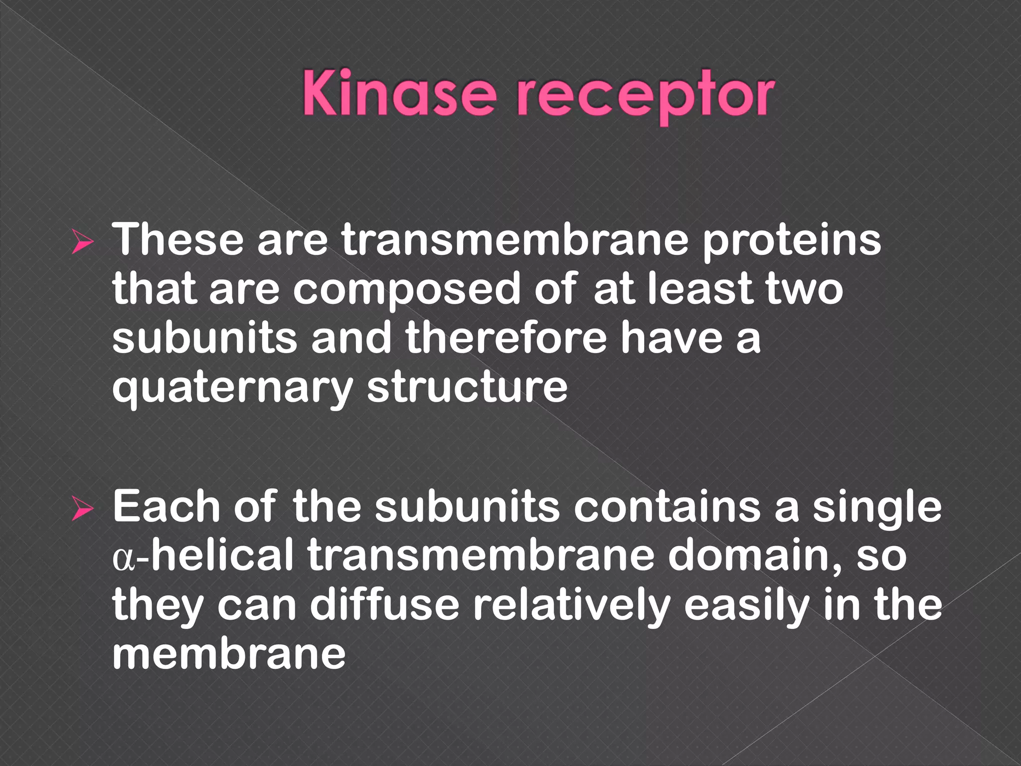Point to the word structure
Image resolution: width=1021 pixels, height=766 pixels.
pos(467,387)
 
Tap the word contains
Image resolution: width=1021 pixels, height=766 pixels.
pos(668,508)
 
